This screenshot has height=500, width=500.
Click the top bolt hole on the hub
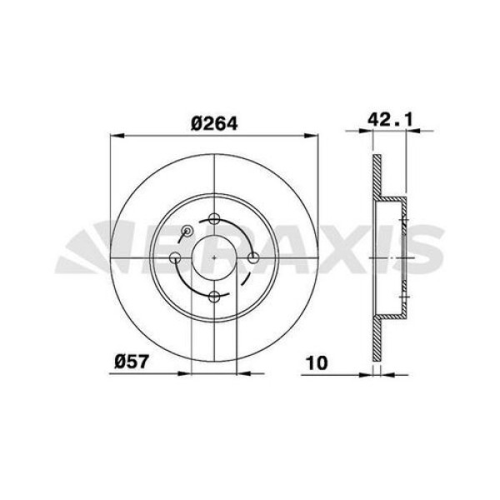coord(214,219)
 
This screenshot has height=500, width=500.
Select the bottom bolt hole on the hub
coord(214,297)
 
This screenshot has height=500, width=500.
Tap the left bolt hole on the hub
coord(176,258)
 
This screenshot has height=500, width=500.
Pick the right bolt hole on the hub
coord(253,258)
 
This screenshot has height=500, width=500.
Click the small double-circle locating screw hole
coord(187,231)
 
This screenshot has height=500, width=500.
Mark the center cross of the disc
coord(214,258)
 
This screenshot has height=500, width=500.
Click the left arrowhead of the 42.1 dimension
coord(374,131)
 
